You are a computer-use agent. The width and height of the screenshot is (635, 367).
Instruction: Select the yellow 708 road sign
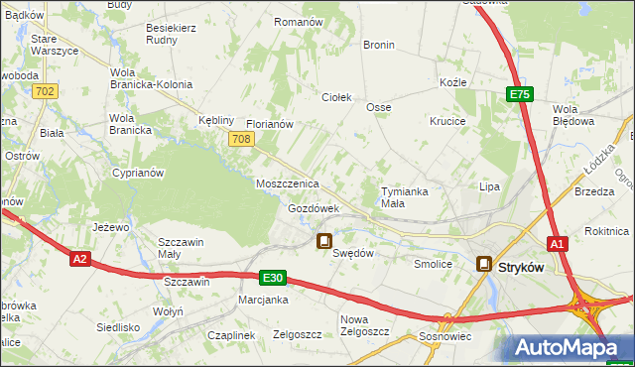[239, 140]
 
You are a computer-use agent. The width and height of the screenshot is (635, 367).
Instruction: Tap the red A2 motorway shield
[81, 259]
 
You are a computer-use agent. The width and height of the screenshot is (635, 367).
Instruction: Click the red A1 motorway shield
[559, 243]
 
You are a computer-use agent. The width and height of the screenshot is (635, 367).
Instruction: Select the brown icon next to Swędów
[323, 240]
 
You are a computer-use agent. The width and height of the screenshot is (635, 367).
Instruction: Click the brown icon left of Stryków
[484, 264]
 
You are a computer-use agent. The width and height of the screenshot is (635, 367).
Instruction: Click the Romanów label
[299, 22]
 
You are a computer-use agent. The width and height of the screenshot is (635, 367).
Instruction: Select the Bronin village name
[379, 46]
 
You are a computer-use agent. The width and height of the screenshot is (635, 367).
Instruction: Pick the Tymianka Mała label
[406, 196]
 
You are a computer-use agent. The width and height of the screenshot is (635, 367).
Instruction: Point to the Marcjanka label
[263, 300]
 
